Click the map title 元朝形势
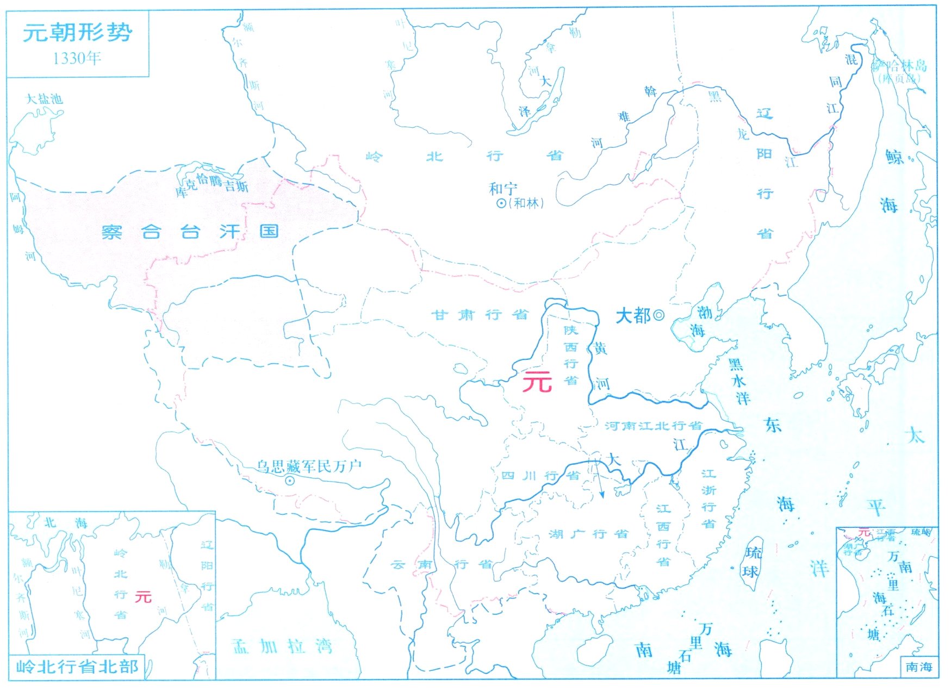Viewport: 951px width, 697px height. [77, 33]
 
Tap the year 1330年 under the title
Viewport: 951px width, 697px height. [77, 58]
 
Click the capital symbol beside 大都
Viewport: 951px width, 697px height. [658, 314]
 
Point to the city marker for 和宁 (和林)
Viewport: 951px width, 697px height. [501, 203]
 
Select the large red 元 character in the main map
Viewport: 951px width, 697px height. [537, 382]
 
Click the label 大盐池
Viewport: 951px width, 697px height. [45, 99]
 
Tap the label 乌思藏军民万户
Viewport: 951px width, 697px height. [309, 466]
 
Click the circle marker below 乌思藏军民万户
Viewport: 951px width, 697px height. [290, 481]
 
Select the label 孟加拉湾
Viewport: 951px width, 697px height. [282, 646]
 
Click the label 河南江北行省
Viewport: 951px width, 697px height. [653, 426]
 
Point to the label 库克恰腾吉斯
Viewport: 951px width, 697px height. [212, 185]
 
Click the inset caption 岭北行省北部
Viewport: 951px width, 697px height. [77, 667]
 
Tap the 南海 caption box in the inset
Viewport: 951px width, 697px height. [919, 667]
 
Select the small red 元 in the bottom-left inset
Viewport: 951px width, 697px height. [143, 596]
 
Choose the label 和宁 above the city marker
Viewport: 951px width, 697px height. [502, 189]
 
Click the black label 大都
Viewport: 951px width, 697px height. [632, 315]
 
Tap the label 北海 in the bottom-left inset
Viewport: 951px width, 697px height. [65, 523]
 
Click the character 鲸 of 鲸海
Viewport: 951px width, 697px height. [894, 157]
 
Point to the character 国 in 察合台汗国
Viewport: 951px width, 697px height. [269, 231]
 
